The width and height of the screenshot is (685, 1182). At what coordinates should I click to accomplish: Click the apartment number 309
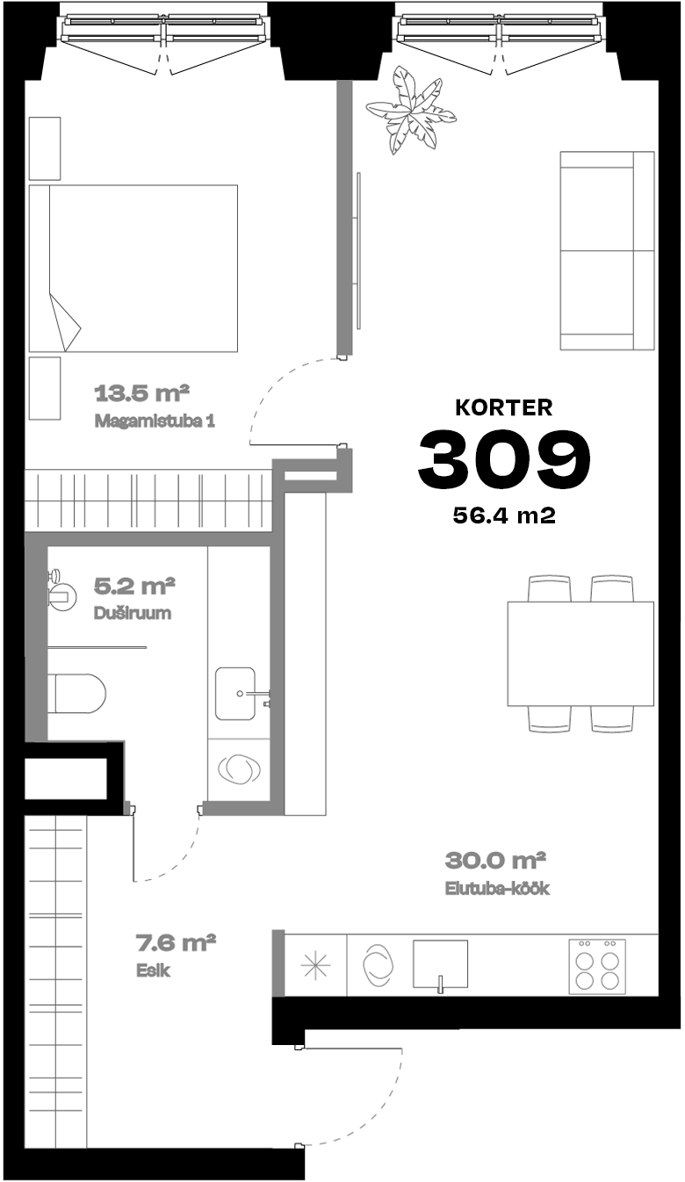[x=504, y=458]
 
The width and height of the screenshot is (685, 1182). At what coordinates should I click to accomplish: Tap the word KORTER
[x=504, y=407]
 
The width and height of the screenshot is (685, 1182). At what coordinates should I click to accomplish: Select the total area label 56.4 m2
[x=504, y=515]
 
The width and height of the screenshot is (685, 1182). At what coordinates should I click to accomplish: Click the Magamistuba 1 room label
[x=155, y=422]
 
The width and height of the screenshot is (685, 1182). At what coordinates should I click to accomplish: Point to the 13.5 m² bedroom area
[x=141, y=393]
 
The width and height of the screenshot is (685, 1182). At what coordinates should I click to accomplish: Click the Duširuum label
[x=133, y=613]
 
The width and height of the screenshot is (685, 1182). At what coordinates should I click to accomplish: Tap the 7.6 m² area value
[x=177, y=942]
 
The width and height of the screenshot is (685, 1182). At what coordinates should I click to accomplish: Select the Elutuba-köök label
[x=497, y=888]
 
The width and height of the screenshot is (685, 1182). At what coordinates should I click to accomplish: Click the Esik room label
[x=153, y=970]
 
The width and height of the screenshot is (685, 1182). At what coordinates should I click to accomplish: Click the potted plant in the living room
[x=411, y=111]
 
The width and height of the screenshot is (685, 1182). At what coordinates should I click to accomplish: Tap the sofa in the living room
[x=607, y=250]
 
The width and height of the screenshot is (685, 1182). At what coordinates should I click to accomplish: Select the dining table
[x=580, y=653]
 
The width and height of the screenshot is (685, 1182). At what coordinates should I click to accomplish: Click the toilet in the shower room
[x=77, y=693]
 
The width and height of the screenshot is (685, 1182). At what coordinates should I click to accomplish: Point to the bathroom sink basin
[x=235, y=694]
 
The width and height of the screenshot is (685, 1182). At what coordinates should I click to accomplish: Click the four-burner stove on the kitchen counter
[x=597, y=966]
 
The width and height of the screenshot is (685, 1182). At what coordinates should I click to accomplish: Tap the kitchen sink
[x=440, y=966]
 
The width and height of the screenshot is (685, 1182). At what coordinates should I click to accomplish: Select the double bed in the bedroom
[x=133, y=268]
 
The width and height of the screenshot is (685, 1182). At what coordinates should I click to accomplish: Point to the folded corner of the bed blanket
[x=66, y=323]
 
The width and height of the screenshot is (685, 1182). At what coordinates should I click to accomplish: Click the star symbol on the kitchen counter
[x=315, y=966]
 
